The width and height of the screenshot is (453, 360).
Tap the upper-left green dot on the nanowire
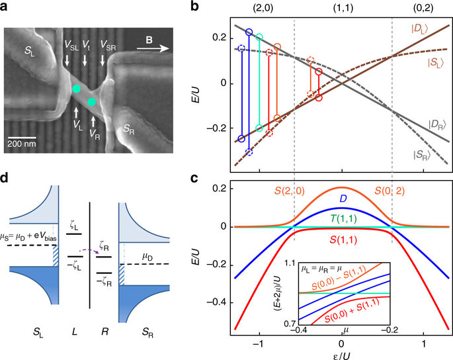pos(77,89)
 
